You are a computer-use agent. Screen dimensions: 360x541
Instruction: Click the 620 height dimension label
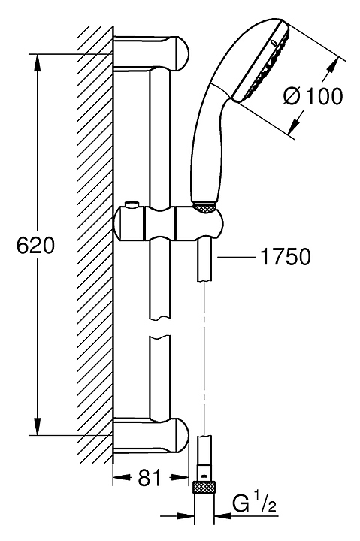36,246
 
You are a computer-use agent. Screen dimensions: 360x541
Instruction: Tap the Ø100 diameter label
313,95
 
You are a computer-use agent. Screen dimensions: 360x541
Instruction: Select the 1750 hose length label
285,256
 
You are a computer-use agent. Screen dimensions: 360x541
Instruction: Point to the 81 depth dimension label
150,478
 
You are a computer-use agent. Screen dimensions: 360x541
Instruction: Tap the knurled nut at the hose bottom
204,488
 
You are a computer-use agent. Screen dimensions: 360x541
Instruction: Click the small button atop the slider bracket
131,205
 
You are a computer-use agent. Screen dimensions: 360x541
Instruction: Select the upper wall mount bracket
151,53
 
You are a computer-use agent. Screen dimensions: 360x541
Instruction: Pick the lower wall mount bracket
151,435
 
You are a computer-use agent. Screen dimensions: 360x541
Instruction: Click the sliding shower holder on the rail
168,223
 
